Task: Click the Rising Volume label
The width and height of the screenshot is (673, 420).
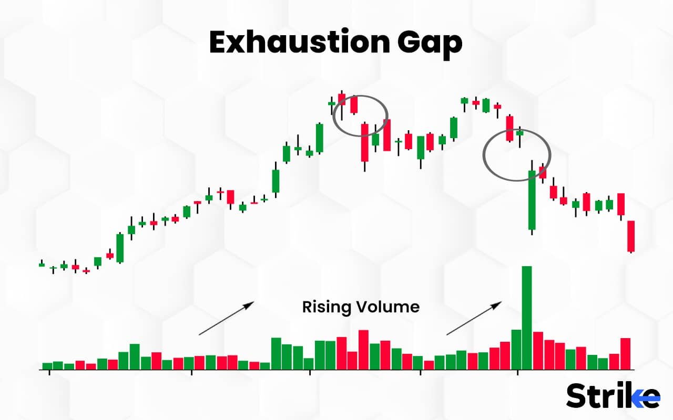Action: (361, 307)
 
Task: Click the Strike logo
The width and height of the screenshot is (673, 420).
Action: (613, 395)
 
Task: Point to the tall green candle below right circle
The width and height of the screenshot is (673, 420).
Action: (532, 199)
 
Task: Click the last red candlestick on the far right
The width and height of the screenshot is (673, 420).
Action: (631, 236)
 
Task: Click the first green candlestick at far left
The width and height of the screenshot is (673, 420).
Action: (42, 265)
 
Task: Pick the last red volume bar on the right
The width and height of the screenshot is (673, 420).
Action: (625, 353)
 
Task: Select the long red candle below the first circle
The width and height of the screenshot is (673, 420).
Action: (364, 142)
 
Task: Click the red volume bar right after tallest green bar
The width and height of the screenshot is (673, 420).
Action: (538, 350)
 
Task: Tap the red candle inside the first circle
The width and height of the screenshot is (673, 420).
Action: (354, 104)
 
